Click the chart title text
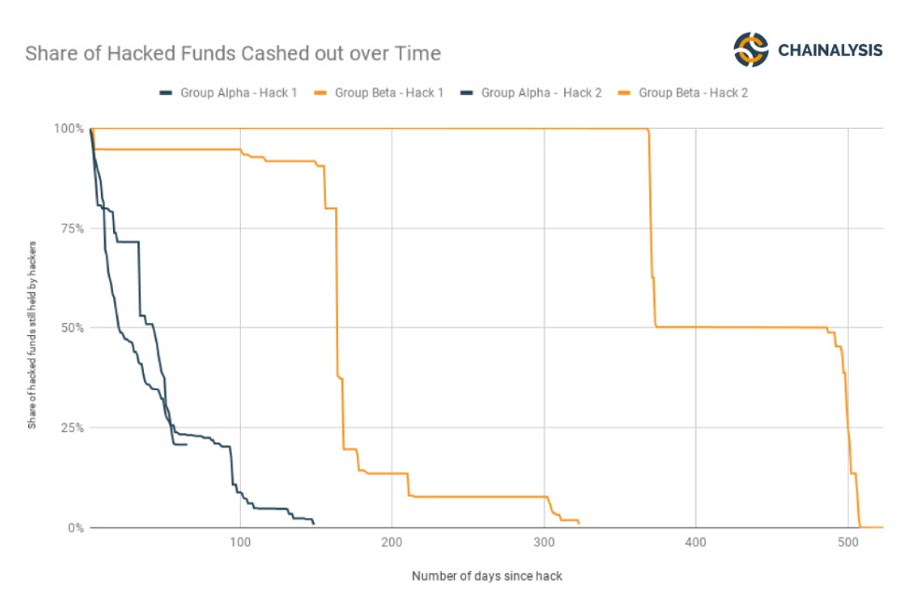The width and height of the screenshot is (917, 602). [233, 53]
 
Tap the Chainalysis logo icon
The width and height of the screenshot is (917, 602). [750, 49]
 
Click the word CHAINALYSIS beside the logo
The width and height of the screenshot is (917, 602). [830, 50]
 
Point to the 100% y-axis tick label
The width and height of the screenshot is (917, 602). [71, 128]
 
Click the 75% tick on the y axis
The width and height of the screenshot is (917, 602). [74, 228]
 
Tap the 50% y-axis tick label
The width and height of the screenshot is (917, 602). [74, 328]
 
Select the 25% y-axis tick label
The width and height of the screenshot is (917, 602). [74, 427]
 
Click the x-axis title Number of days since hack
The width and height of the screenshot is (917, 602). [487, 576]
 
